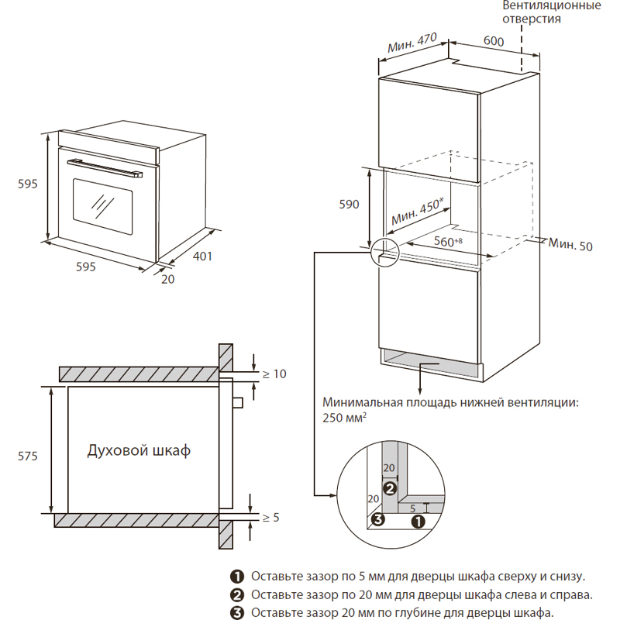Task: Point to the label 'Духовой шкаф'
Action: (x=139, y=450)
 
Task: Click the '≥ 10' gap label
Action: (x=274, y=374)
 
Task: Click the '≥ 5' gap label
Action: (x=270, y=517)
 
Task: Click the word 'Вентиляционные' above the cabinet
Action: (x=552, y=6)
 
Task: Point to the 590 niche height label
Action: (x=350, y=205)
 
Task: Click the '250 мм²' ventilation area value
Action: (x=345, y=417)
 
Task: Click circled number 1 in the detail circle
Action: (x=417, y=522)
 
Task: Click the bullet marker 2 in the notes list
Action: (x=236, y=595)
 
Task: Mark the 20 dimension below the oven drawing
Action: (x=168, y=280)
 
